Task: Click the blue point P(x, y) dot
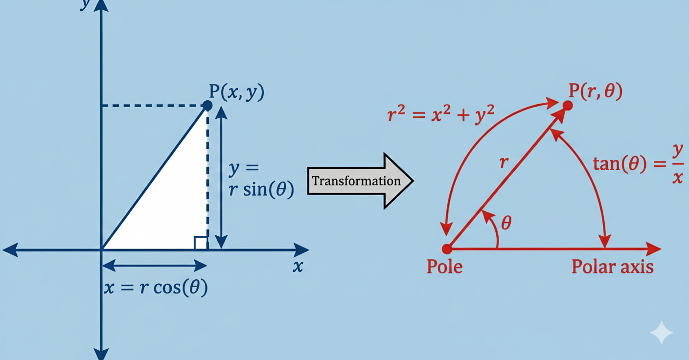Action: click(207, 105)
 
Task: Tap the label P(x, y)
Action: click(236, 92)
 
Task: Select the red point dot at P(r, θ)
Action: click(568, 105)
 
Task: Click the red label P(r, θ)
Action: click(595, 91)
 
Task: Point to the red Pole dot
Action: click(447, 249)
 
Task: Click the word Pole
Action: click(444, 267)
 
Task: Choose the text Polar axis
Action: click(612, 267)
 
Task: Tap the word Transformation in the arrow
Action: click(356, 181)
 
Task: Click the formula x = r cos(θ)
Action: click(156, 288)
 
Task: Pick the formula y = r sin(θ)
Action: click(261, 180)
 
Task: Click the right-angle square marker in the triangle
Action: click(200, 243)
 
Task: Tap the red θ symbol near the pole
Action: click(506, 223)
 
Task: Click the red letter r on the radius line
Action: click(503, 163)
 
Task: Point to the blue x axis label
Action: click(298, 267)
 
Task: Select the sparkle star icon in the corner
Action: click(661, 333)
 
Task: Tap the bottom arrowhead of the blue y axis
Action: click(101, 353)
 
